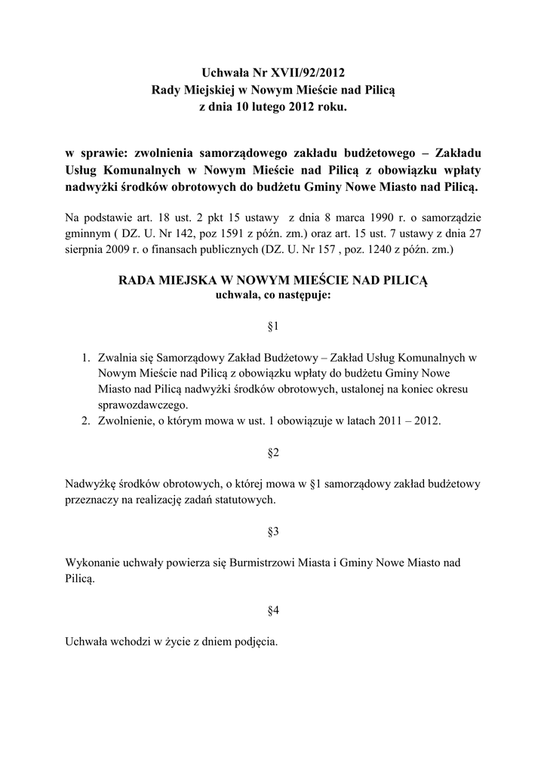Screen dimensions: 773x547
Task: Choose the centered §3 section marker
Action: [x=273, y=531]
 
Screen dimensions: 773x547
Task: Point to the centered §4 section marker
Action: [x=273, y=611]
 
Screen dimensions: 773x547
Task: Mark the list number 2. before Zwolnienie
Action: [x=87, y=420]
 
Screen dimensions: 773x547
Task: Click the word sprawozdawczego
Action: [x=143, y=405]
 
